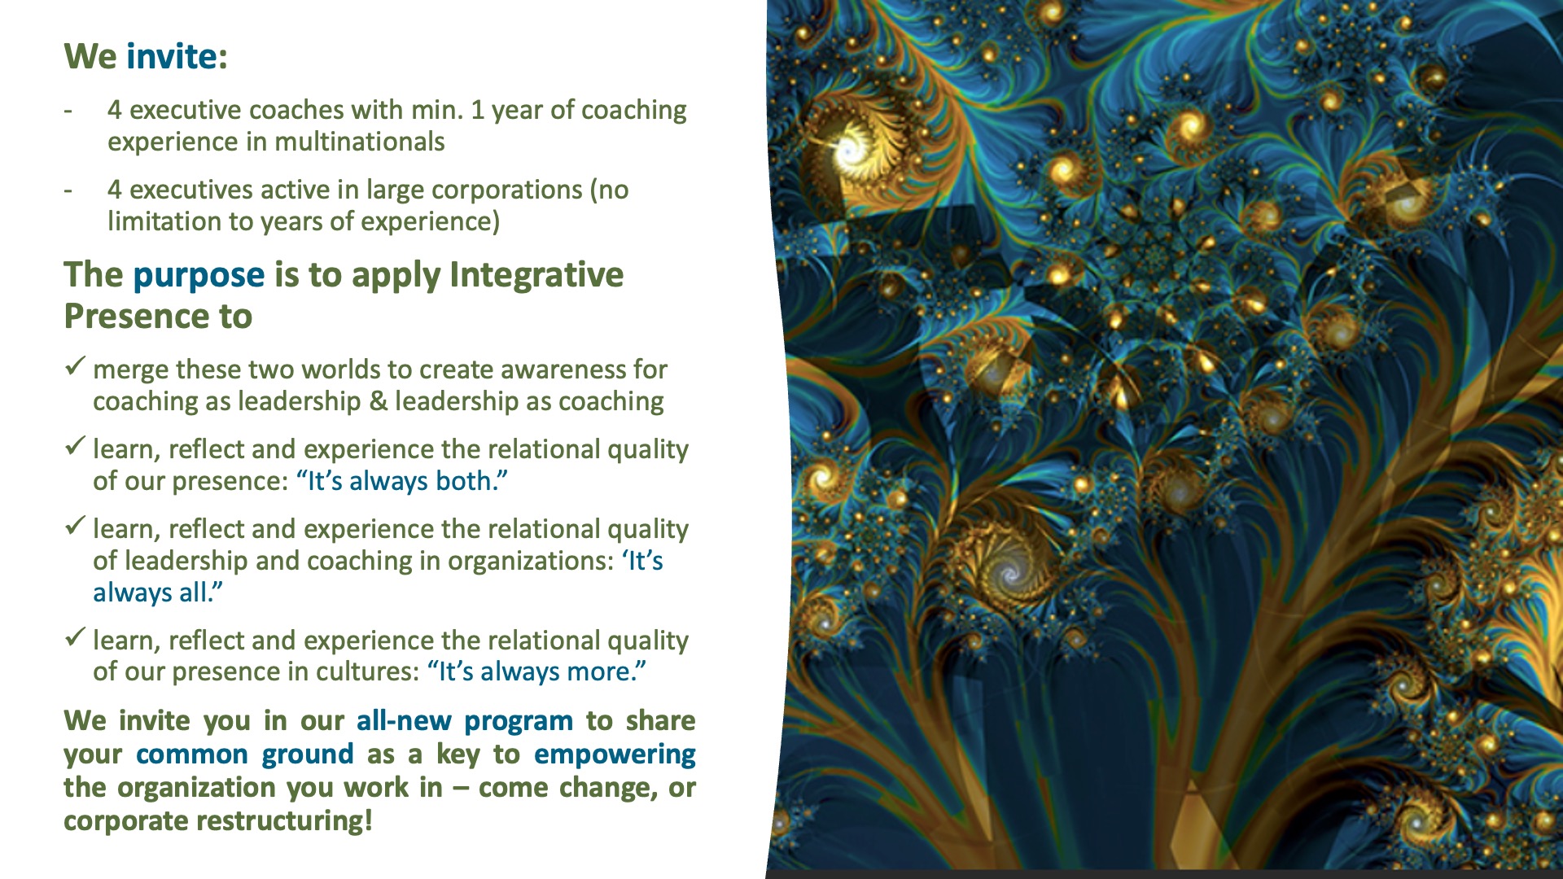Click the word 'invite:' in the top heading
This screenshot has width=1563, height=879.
177,56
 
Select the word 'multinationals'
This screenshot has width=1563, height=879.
360,142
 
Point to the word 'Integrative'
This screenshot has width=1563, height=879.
536,275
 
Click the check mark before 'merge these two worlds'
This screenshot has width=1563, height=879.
75,366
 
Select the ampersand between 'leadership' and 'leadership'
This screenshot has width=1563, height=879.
378,401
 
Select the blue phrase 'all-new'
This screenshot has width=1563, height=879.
404,721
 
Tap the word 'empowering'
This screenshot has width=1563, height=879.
615,755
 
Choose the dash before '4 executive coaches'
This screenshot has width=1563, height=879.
68,110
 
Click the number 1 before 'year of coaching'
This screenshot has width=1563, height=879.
477,110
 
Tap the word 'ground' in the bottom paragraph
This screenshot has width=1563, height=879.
308,755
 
